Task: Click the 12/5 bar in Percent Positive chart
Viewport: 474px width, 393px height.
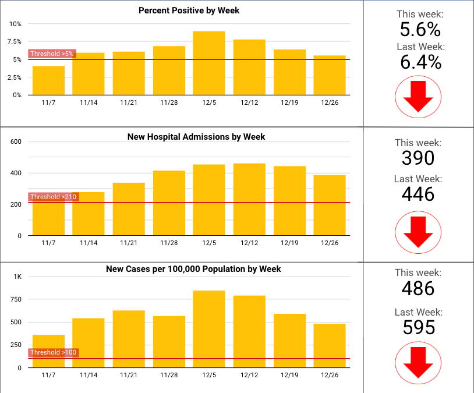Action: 209,63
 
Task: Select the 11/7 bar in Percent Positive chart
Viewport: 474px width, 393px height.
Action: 48,80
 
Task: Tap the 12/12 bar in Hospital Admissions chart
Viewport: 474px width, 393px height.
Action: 249,199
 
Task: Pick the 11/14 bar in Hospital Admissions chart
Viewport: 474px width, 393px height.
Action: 89,214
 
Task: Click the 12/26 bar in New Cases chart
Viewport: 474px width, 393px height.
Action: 330,345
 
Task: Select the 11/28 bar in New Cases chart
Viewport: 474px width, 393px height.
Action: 169,342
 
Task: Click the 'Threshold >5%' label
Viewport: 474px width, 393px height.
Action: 52,54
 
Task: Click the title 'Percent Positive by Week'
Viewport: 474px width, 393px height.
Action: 189,10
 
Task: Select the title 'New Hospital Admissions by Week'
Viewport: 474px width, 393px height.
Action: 196,137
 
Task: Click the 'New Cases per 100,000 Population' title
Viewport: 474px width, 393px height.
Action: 193,269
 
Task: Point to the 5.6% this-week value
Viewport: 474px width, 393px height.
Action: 420,30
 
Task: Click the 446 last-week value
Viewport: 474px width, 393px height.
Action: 418,193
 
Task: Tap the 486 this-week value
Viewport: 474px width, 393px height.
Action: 418,288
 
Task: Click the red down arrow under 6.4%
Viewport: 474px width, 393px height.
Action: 418,97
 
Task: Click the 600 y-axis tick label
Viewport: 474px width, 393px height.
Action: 16,141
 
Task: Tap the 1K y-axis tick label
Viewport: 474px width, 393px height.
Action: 17,277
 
